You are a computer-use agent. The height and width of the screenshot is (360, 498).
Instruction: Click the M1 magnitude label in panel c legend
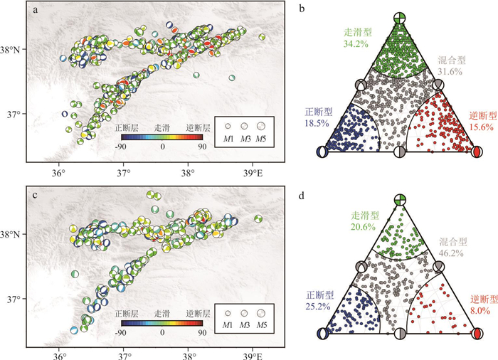coord(227,325)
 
